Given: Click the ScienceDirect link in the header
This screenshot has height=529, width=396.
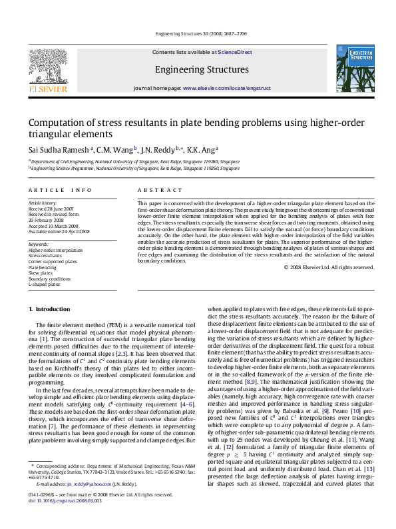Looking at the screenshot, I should (235, 52).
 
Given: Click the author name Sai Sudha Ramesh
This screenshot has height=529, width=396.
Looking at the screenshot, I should (59, 150).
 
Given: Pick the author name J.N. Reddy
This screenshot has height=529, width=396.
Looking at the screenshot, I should (158, 150).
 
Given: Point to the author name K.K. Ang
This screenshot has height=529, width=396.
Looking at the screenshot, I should (200, 150).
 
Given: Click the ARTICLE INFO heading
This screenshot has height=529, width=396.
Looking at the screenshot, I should (60, 191).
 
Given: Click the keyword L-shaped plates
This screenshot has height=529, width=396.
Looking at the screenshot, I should (44, 284).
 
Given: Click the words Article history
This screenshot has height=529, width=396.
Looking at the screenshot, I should (42, 203).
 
